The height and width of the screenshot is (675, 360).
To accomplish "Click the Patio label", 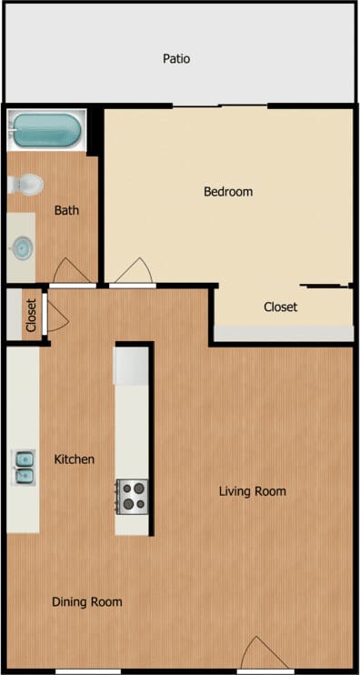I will coord(176,59).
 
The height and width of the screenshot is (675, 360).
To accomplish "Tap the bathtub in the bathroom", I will coord(46,131).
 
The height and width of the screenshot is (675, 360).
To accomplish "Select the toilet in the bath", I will coord(26,185).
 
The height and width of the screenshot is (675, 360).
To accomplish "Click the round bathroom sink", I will coord(23,245).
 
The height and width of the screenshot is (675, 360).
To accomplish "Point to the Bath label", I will coord(66,210).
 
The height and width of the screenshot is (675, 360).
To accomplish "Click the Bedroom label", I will coord(227,192).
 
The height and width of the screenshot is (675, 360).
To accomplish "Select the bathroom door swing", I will coord(72,271).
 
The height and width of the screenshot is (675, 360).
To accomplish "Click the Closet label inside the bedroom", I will coord(280,307).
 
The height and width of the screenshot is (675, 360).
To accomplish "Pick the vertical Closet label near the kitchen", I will coord(31,316).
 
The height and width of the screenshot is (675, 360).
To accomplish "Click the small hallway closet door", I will coord(56,315).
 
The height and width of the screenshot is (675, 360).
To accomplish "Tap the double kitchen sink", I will coord(24,465).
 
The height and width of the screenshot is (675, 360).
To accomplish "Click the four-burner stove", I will coord(133,496).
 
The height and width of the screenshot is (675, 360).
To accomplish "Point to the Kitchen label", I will coord(74,459).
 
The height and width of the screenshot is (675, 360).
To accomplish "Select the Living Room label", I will coord(252,491).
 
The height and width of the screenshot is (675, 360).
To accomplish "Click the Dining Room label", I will coord(86,601).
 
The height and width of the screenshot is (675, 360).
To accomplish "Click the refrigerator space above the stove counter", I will coord(132,364).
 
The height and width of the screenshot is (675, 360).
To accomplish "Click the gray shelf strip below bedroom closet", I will coord(282,334).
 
